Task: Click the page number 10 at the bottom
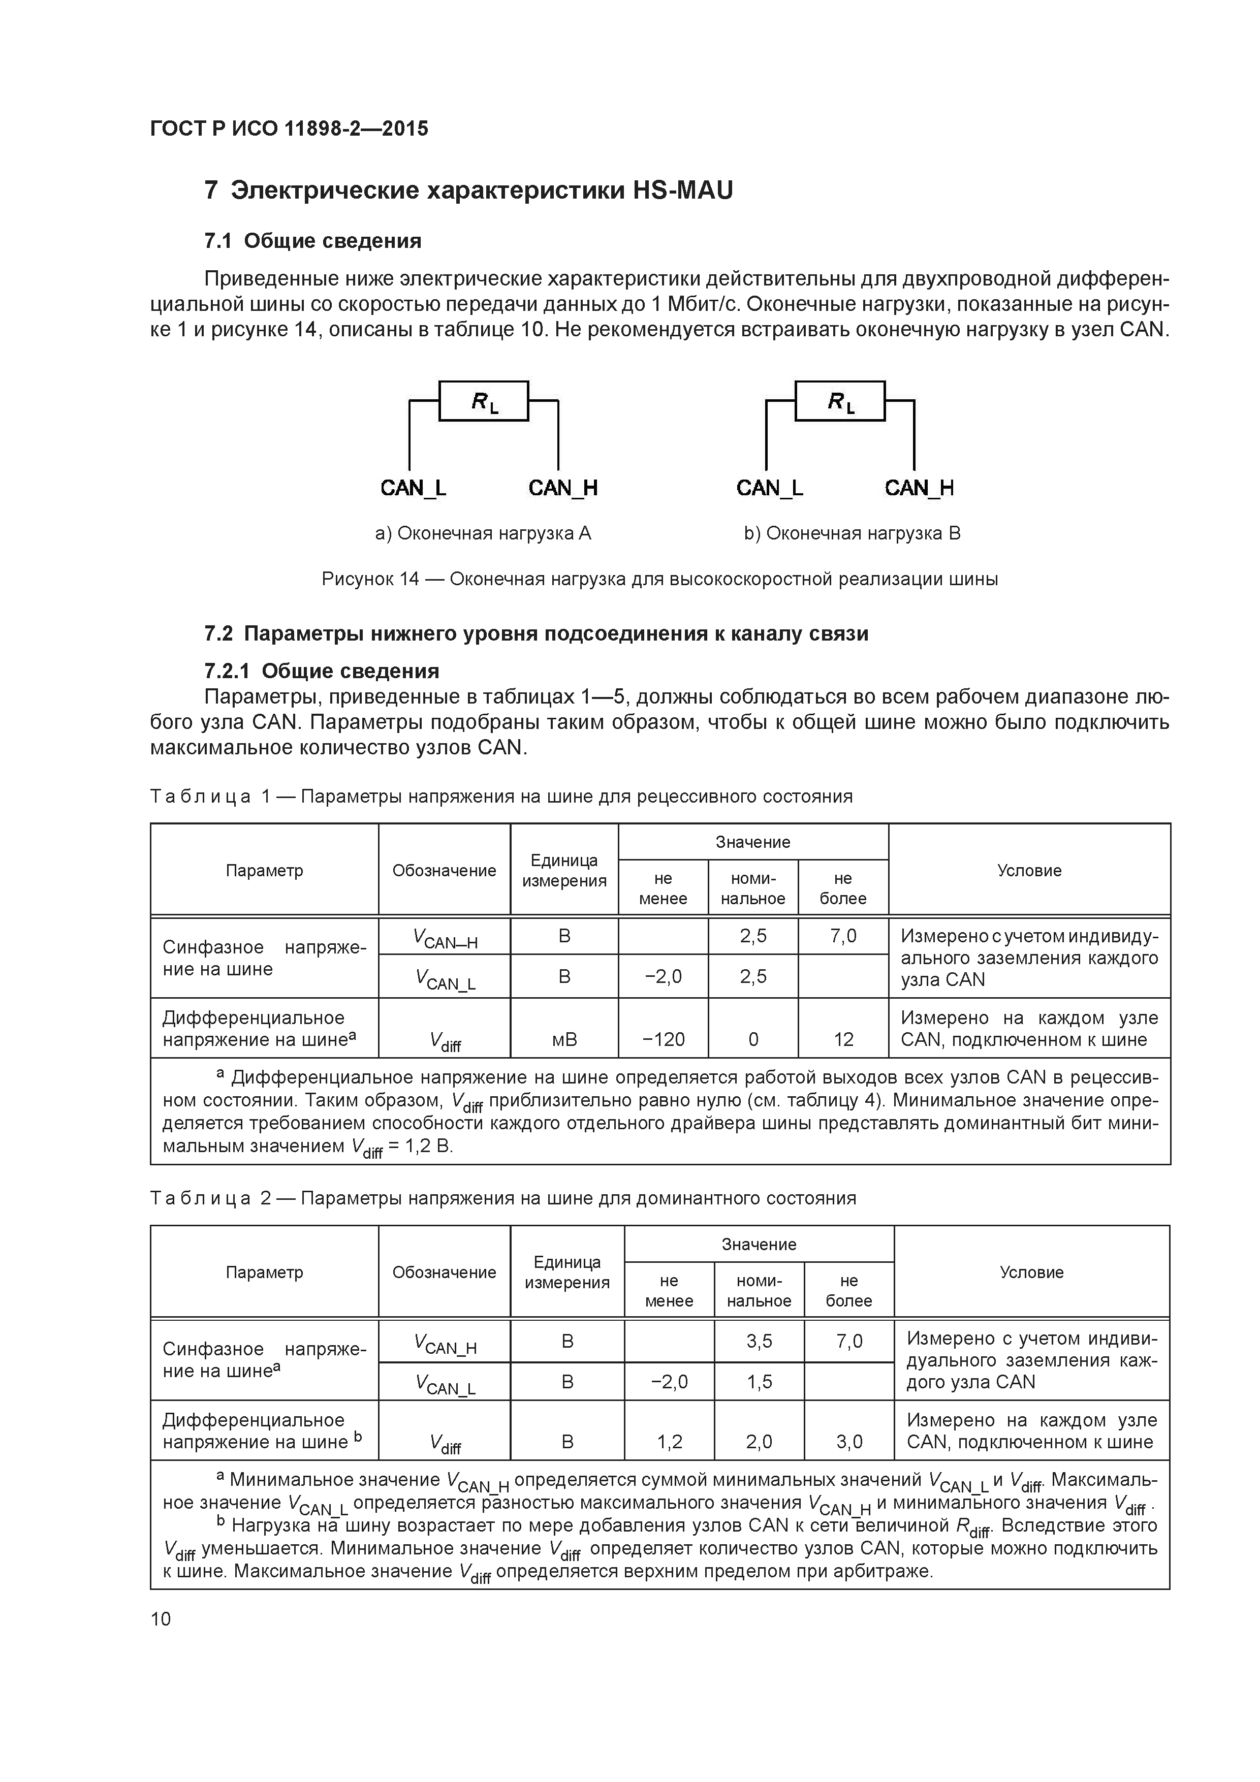pos(161,1618)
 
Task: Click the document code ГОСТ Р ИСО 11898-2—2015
pos(289,129)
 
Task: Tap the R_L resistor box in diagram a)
pos(484,401)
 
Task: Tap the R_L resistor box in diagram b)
pos(840,401)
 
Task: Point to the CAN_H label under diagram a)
pos(563,488)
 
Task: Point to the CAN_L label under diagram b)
pos(769,488)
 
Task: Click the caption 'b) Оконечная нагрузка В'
pos(852,533)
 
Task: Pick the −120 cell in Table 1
pos(664,1039)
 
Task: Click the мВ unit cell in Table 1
pos(564,1039)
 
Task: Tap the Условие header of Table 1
pos(1029,871)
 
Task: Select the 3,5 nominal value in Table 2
pos(759,1341)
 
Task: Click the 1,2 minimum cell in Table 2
pos(669,1441)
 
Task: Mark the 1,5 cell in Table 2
pos(759,1382)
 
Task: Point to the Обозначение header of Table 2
pos(444,1272)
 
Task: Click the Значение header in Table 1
pos(753,842)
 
